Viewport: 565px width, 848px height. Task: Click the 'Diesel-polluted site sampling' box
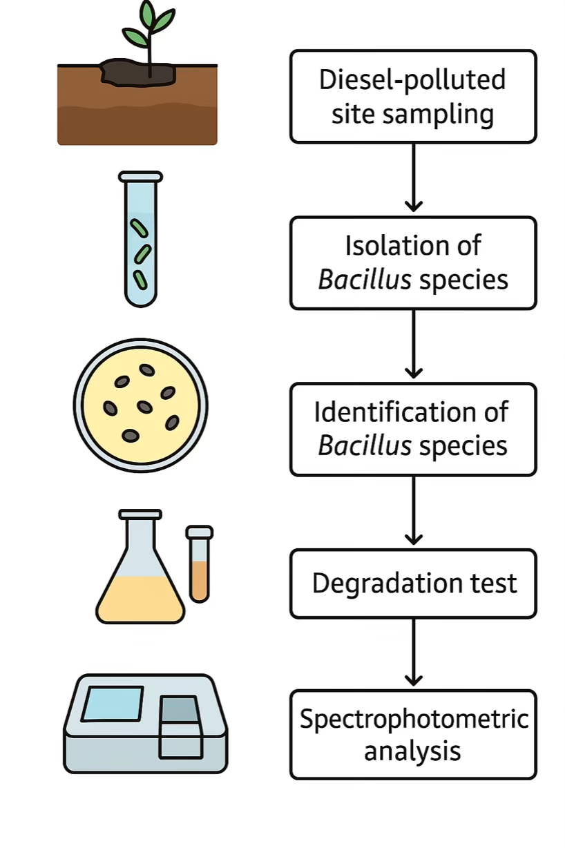413,97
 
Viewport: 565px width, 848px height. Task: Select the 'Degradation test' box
413,584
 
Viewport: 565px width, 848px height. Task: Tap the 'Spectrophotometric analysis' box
413,735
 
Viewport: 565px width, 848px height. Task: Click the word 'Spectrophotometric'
414,719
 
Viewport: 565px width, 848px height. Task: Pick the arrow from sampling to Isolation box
413,177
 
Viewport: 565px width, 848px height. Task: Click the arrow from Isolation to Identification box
413,345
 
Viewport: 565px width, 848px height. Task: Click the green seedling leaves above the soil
148,28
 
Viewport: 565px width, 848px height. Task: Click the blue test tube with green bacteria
141,238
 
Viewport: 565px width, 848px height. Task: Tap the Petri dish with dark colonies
140,405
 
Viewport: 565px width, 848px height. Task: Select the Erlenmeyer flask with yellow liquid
141,573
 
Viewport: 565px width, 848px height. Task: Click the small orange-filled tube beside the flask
199,566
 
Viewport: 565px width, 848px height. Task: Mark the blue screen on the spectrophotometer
112,703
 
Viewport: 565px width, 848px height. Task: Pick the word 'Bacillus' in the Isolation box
365,280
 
